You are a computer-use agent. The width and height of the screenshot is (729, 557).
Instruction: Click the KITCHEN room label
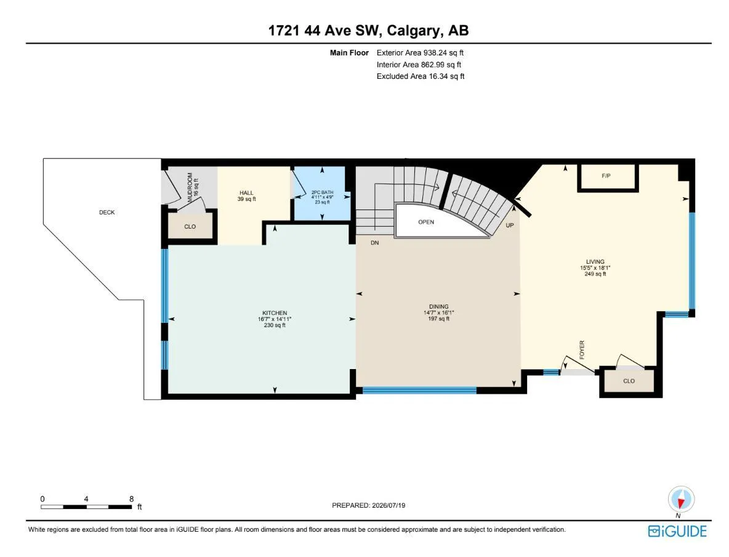click(x=275, y=313)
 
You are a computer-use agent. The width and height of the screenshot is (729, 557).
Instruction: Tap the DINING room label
click(x=439, y=307)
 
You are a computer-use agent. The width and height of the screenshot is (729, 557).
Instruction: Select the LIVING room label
click(x=595, y=261)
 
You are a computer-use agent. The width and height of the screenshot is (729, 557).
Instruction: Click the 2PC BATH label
click(x=322, y=192)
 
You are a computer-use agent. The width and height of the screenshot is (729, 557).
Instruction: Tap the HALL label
click(x=246, y=193)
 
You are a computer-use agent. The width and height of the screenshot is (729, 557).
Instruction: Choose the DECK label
click(x=107, y=212)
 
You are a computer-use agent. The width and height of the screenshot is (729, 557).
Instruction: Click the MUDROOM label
click(x=190, y=187)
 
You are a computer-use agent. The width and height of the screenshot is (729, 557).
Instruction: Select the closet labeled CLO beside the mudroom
click(x=190, y=227)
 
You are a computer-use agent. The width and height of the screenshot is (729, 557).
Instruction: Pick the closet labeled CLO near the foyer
click(x=629, y=381)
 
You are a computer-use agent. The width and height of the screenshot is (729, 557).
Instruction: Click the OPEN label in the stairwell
click(x=426, y=222)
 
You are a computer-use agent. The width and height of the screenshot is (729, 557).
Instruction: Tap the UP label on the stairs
click(x=510, y=226)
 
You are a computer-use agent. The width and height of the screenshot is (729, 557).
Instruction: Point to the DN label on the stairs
click(x=375, y=243)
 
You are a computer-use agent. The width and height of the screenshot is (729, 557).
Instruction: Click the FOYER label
click(x=582, y=349)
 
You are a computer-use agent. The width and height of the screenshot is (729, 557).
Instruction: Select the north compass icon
click(x=681, y=500)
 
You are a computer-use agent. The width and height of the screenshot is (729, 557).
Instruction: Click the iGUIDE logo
click(x=677, y=531)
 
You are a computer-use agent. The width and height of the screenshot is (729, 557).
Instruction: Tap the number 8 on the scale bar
click(x=132, y=499)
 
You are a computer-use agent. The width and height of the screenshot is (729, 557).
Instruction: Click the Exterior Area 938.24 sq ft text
click(x=420, y=53)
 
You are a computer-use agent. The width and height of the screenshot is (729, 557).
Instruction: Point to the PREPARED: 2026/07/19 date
click(x=369, y=505)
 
